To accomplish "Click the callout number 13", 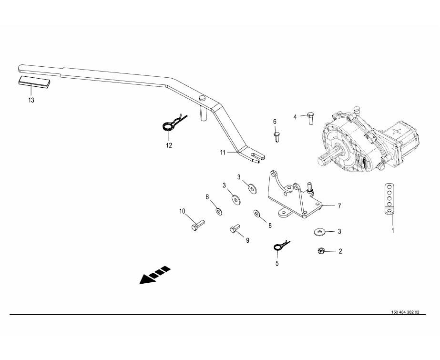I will [x=31, y=101].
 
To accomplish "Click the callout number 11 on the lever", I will [x=222, y=153].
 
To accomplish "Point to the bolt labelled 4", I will [x=309, y=117].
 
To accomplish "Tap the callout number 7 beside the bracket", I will [x=339, y=206].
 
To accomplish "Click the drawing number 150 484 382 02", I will [x=405, y=312].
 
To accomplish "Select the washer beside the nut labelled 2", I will [x=319, y=232].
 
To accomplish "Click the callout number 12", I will [x=169, y=145].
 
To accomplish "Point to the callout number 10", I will [x=182, y=211].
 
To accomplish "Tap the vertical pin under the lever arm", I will [x=202, y=113].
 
